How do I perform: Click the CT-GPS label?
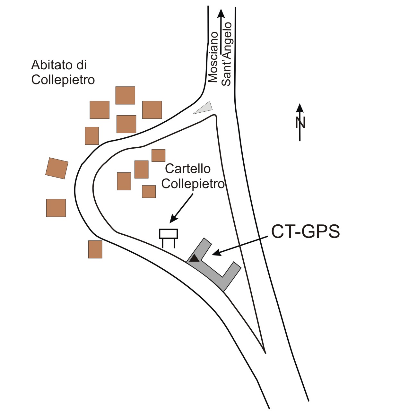tap(305, 231)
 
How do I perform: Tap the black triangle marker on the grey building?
tap(194, 258)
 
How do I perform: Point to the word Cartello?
tap(188, 169)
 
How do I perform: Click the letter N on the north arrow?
tap(300, 123)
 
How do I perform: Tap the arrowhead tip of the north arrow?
tap(300, 105)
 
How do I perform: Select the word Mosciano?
tap(213, 57)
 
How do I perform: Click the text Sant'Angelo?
tap(227, 54)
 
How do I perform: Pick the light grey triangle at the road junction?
tap(204, 108)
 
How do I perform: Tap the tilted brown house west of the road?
tap(57, 168)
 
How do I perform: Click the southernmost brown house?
tap(95, 249)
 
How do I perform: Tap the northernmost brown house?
tap(125, 95)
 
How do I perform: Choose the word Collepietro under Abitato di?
tap(63, 80)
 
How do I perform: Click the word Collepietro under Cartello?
tap(193, 184)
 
